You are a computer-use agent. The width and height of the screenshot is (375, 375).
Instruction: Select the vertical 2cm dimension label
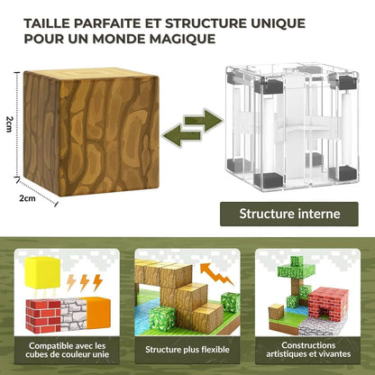tap(9, 124)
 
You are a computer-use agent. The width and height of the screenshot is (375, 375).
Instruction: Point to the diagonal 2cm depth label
tap(27, 198)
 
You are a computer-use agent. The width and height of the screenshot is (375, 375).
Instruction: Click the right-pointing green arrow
tap(203, 121)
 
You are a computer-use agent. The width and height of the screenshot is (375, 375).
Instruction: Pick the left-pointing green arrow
tap(182, 136)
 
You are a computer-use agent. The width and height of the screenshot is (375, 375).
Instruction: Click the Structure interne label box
tap(289, 214)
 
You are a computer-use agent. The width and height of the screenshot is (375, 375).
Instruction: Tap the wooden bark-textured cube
tap(91, 132)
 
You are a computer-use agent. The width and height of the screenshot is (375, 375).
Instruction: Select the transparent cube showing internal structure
tap(292, 127)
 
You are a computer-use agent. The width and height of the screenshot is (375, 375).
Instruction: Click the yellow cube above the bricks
tap(42, 273)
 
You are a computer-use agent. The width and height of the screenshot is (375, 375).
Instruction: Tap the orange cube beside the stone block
tap(98, 313)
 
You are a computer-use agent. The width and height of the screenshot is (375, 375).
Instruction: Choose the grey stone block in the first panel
tap(74, 314)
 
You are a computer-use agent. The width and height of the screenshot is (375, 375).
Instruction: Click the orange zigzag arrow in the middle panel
tap(216, 274)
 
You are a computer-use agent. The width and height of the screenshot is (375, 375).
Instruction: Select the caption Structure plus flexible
tap(187, 350)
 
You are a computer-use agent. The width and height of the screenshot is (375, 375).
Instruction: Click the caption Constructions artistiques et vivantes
tap(308, 350)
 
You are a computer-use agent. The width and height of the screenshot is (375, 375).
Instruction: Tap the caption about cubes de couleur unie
tap(67, 350)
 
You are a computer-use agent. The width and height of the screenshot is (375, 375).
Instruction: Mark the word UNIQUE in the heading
tap(278, 23)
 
